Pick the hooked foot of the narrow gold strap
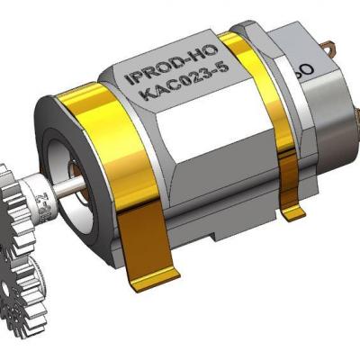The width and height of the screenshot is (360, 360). coord(292,214)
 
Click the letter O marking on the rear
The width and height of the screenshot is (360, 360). coord(305,69)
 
